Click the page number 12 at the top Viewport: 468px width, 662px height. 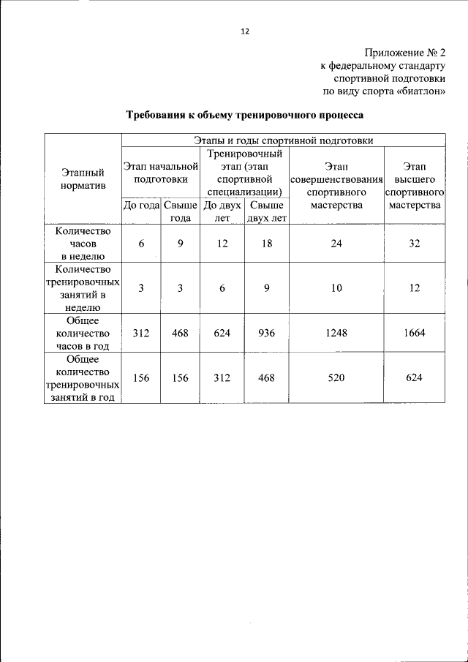[x=244, y=31]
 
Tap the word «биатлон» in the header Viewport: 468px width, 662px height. [x=420, y=91]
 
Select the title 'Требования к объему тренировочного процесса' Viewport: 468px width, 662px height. [x=244, y=116]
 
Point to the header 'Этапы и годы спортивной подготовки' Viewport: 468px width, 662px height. [x=282, y=140]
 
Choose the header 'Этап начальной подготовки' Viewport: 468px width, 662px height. [x=160, y=173]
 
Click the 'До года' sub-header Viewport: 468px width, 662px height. [x=141, y=206]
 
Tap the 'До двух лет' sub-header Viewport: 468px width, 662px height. [x=222, y=211]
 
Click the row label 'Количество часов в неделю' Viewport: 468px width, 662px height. [x=83, y=243]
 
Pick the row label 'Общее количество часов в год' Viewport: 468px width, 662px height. [x=83, y=333]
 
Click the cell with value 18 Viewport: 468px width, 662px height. [x=266, y=244]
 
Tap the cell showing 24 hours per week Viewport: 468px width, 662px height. [x=336, y=244]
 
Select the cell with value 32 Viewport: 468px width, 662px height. [x=415, y=244]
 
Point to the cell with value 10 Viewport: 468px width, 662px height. [x=336, y=288]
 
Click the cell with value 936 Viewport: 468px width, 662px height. [x=266, y=333]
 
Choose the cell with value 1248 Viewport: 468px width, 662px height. [x=336, y=333]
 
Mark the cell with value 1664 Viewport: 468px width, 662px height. [x=415, y=333]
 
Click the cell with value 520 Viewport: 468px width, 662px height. [x=336, y=377]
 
